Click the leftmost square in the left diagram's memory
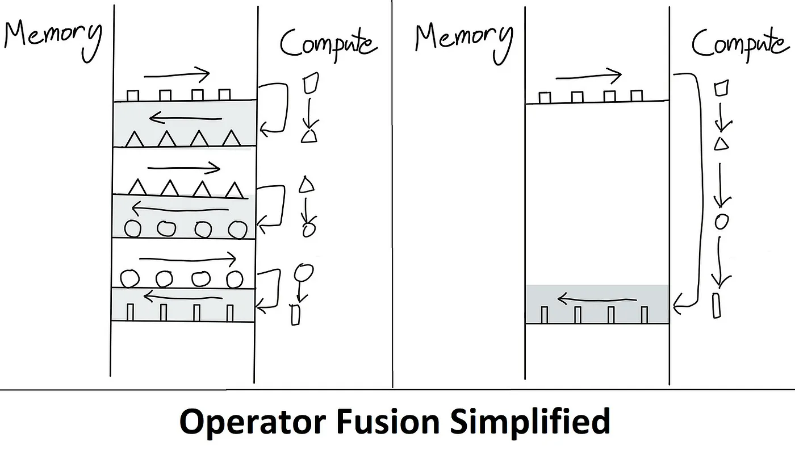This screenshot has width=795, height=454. [132, 95]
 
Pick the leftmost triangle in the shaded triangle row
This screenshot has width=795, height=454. [134, 139]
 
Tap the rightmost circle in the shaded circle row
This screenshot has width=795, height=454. [235, 228]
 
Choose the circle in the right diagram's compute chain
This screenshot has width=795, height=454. [721, 221]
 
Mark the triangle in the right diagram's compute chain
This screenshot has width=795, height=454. [721, 144]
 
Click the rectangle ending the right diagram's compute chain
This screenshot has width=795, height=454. [717, 305]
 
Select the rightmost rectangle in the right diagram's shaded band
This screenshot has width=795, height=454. [645, 314]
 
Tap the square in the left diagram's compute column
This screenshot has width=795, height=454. [311, 84]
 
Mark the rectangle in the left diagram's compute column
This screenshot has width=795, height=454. [295, 314]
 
